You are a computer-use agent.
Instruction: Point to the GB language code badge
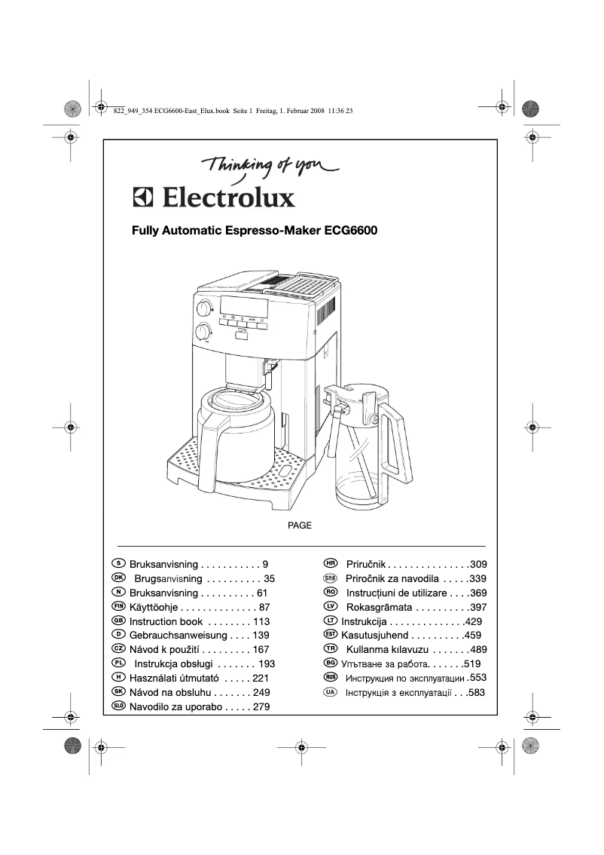(x=118, y=621)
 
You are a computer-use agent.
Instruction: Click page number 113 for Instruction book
(x=261, y=621)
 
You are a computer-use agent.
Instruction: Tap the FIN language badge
(x=118, y=606)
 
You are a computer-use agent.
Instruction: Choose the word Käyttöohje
(x=154, y=607)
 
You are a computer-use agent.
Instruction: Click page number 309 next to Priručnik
(x=478, y=564)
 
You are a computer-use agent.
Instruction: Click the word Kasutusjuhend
(x=375, y=636)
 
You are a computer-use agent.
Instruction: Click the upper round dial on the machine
(x=203, y=309)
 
